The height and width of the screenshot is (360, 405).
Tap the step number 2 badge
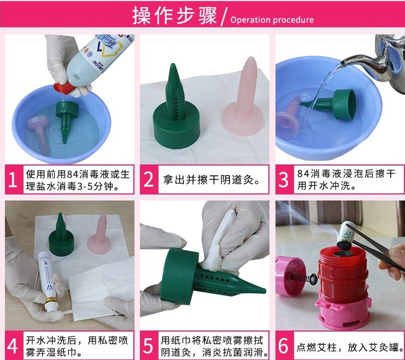(149, 179)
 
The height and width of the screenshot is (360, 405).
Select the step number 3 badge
(284, 179)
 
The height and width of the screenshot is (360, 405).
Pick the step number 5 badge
(149, 345)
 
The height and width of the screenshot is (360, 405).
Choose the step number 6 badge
(284, 345)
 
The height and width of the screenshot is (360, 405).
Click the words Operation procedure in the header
(272, 20)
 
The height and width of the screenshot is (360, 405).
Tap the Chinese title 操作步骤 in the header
(174, 15)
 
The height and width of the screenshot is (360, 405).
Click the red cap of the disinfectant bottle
(63, 88)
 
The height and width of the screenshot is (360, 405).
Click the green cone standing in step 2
(177, 109)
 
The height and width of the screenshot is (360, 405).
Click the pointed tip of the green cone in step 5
(265, 291)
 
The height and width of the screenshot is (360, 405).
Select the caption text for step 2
(212, 180)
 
